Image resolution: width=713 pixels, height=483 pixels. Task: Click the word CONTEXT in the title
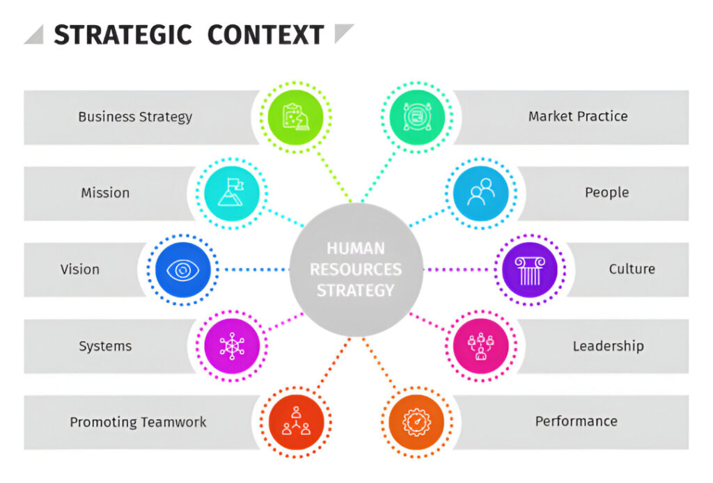(265, 35)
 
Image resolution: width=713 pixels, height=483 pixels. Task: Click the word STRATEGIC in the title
(123, 35)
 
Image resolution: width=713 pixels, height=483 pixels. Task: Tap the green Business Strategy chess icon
(295, 117)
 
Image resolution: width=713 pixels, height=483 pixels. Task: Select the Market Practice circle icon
(417, 117)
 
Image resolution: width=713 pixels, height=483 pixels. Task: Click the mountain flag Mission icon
(232, 193)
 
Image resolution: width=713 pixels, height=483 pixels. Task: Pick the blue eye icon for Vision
(183, 270)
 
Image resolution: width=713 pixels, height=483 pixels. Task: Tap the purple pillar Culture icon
(530, 270)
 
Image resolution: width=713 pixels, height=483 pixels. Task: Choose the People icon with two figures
(481, 193)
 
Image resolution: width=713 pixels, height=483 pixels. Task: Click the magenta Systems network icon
(232, 346)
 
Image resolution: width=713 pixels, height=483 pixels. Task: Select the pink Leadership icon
(481, 346)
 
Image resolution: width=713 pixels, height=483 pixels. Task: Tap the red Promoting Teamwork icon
(296, 422)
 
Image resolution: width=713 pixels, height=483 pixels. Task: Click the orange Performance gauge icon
(416, 422)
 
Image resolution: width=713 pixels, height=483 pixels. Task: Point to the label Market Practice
(578, 116)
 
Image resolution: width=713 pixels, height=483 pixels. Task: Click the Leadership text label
(609, 346)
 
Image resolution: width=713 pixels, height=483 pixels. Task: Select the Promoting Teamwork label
(139, 422)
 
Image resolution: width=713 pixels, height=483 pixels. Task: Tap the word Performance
(576, 421)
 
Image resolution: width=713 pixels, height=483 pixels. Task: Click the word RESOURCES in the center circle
(356, 269)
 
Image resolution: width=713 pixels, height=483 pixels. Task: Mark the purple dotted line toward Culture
(458, 270)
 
